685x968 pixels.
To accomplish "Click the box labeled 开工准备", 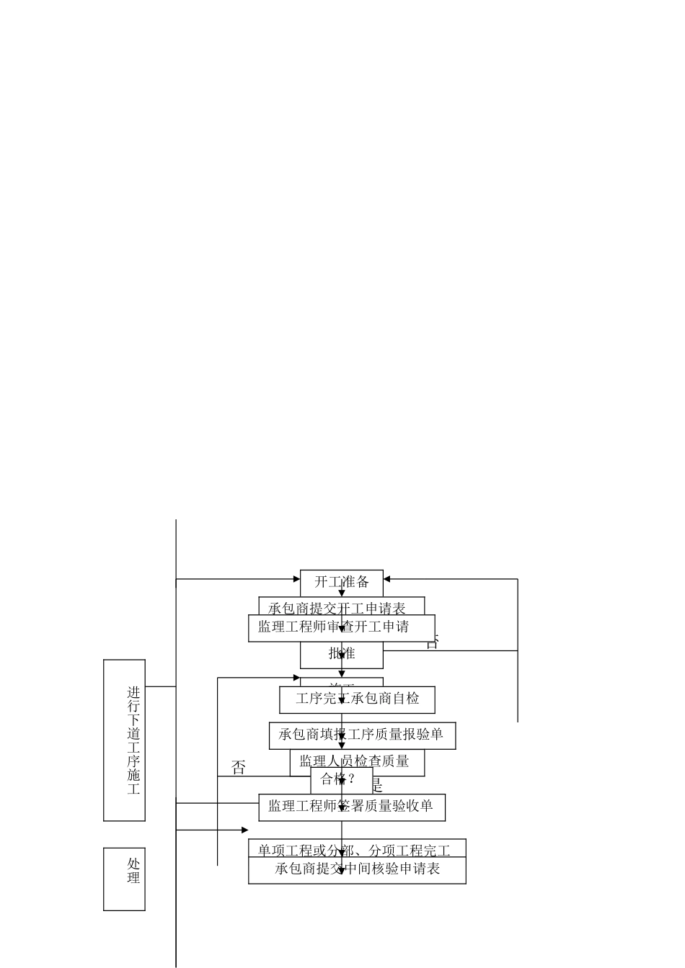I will coord(342,582).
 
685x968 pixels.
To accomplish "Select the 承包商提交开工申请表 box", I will coord(342,606).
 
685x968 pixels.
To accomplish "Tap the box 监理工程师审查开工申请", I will coord(341,627).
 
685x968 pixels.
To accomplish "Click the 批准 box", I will coord(342,654).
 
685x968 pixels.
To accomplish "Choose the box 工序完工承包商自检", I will coord(357,699).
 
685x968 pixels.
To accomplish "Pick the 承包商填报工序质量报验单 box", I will coord(362,735).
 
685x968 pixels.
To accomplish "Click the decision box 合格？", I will coord(341,779).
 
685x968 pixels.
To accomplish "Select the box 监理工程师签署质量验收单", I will coord(351,807).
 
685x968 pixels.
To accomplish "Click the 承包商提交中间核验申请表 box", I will coord(357,869).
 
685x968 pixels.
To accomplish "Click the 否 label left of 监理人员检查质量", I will coord(238,768).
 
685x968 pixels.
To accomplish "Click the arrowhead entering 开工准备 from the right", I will coord(387,579).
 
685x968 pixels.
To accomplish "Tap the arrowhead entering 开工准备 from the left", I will coord(296,578).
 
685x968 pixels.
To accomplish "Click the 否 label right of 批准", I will coord(432,642).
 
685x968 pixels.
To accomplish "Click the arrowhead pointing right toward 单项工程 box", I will coord(244,830).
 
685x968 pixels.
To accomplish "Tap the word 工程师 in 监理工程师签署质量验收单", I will coord(316,807).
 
